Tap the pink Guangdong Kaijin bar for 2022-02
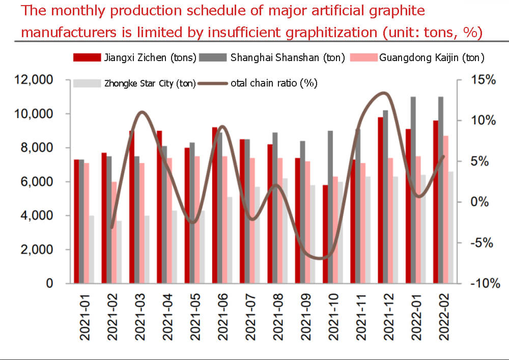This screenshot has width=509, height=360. (x=446, y=209)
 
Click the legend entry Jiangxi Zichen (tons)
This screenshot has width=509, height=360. (x=135, y=58)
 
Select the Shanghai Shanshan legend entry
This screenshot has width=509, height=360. (x=272, y=58)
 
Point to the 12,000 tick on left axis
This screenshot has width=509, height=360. (x=35, y=80)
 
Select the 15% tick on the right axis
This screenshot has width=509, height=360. (x=483, y=80)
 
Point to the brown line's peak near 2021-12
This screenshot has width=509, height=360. (x=384, y=93)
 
